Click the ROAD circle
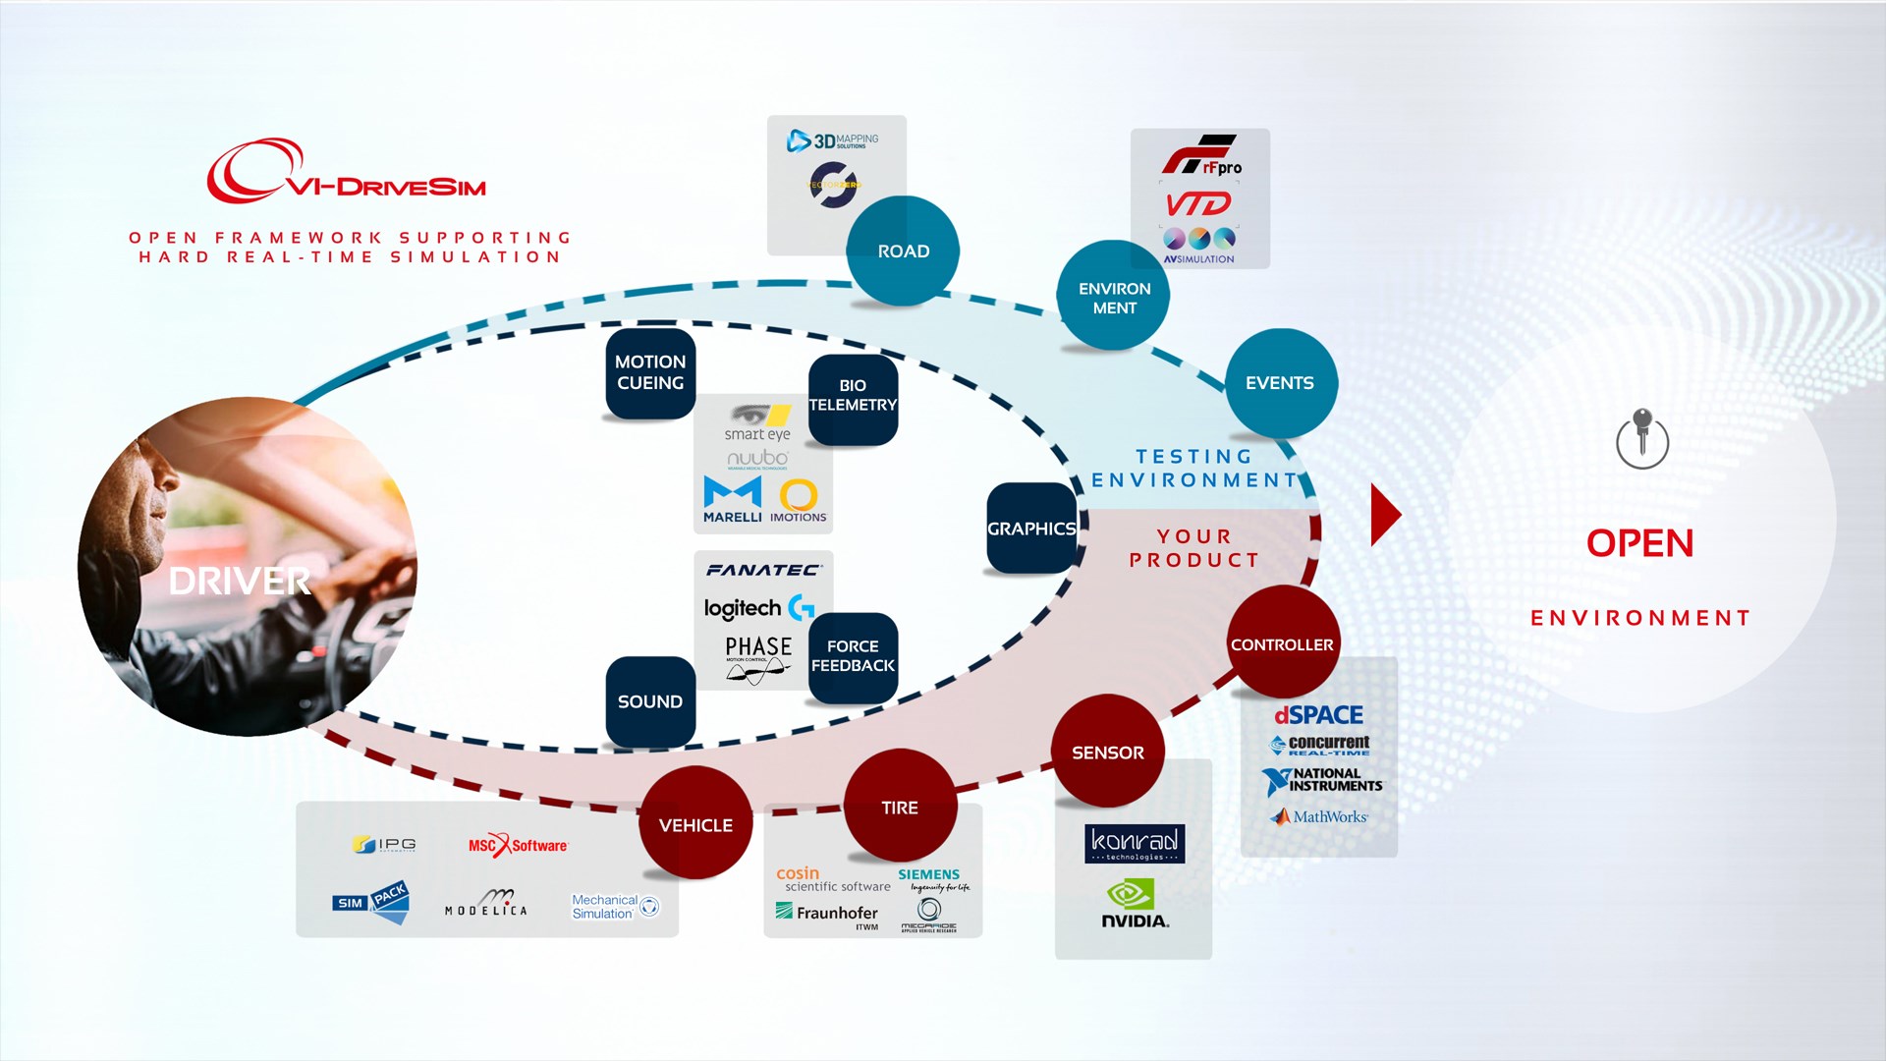point(903,251)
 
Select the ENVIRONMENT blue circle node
point(1113,297)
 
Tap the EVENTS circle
point(1280,383)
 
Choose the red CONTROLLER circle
point(1282,643)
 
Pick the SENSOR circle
point(1108,753)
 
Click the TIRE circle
point(900,807)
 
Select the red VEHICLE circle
point(695,824)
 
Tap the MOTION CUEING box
point(650,373)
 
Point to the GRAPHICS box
point(1031,529)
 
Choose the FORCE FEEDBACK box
point(853,656)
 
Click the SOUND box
point(650,701)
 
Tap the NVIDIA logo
point(1134,905)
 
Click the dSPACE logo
point(1318,715)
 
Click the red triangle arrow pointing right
point(1383,514)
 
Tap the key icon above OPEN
point(1641,438)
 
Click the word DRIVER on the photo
point(240,581)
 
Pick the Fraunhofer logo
point(826,914)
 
